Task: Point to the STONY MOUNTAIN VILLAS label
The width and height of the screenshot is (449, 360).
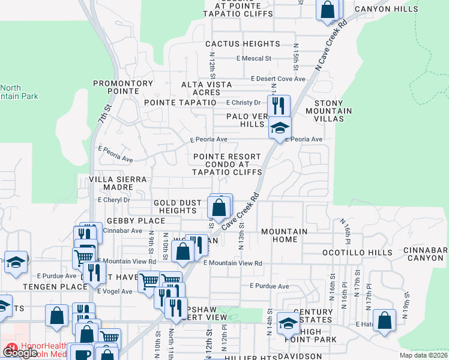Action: [x=328, y=111]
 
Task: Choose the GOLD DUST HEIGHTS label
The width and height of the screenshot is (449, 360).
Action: [x=175, y=207]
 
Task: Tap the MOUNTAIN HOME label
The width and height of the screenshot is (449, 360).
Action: [x=284, y=235]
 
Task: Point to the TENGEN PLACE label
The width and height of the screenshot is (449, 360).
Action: [x=47, y=287]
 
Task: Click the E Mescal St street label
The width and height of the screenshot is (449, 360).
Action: [x=254, y=59]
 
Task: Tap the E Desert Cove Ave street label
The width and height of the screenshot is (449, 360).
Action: [x=278, y=79]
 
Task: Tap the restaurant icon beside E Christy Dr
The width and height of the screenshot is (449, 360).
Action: [x=279, y=106]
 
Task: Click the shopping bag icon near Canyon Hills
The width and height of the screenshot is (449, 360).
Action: [x=328, y=10]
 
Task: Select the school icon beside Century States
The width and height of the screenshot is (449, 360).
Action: [x=288, y=323]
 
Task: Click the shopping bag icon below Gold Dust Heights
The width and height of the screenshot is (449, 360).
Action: [x=219, y=208]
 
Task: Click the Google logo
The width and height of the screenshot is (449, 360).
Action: [x=20, y=353]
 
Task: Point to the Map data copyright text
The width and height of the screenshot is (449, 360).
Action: [x=423, y=355]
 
